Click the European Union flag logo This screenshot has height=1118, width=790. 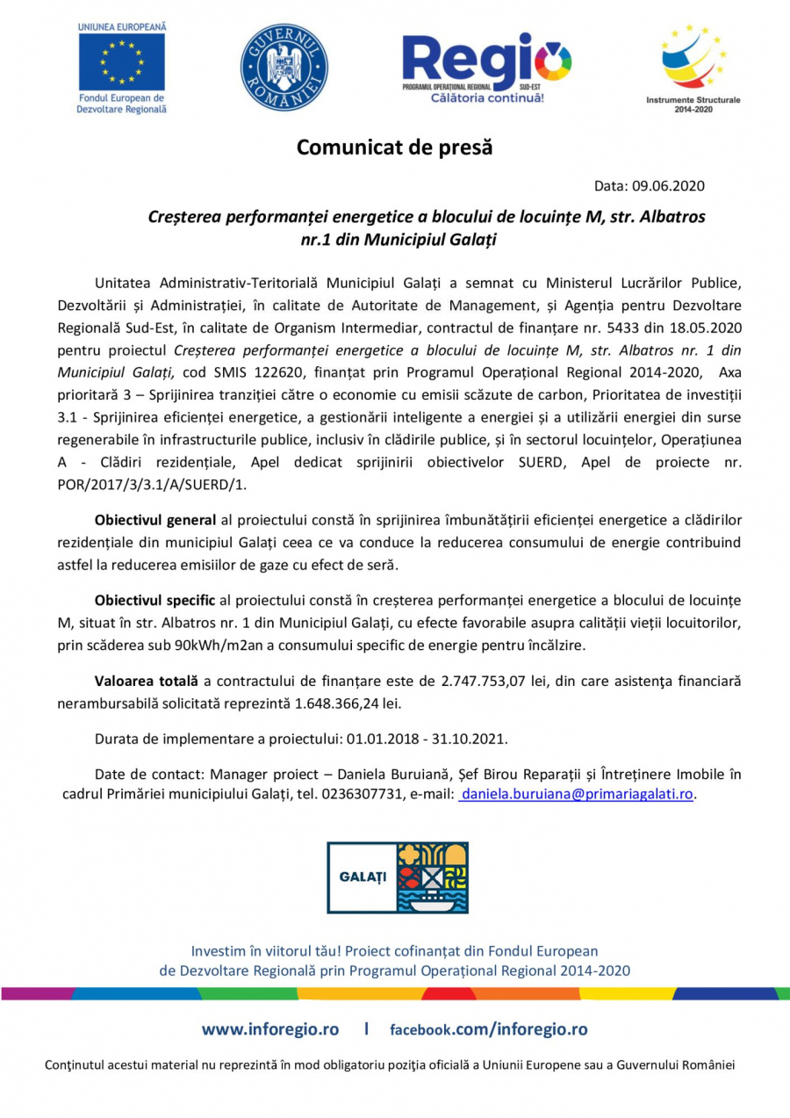(x=121, y=61)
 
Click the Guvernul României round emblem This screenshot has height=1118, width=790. (x=284, y=68)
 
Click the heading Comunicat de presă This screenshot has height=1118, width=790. (x=394, y=148)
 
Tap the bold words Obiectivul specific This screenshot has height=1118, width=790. (x=154, y=600)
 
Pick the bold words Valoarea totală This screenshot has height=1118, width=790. (x=146, y=681)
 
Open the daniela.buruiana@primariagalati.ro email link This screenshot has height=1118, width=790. (x=577, y=794)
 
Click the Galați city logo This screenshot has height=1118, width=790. (x=397, y=877)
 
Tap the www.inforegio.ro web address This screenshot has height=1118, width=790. (x=270, y=1029)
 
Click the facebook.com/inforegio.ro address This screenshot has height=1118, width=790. (x=489, y=1029)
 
